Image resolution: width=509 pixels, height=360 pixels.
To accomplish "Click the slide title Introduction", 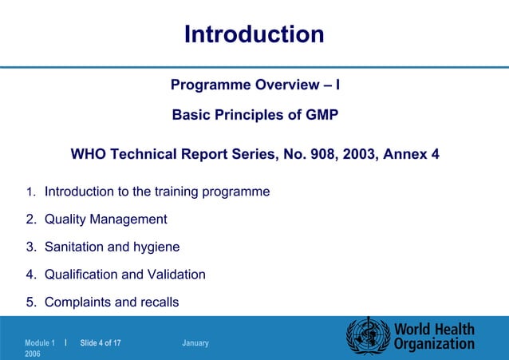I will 254,34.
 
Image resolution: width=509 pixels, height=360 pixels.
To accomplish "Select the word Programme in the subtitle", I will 211,85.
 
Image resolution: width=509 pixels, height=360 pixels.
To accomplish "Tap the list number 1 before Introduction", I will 29,192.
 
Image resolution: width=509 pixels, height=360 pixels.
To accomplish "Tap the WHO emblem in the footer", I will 366,335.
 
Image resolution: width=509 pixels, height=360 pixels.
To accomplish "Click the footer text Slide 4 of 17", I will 101,343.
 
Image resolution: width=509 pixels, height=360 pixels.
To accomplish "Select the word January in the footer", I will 195,343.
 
